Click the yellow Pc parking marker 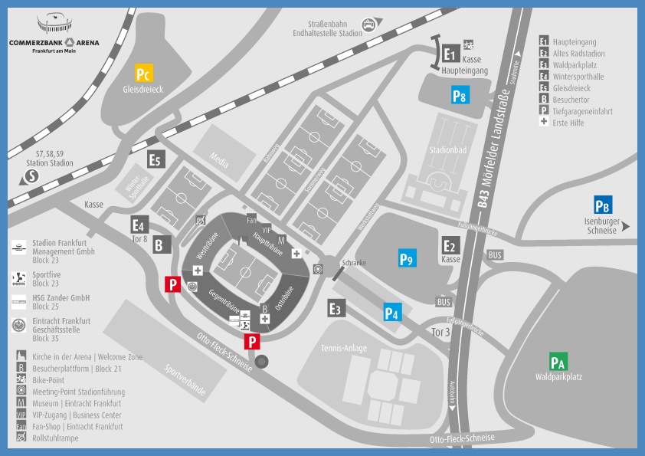coord(143,74)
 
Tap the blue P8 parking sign coord(459,96)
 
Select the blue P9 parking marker coord(407,259)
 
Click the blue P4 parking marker coord(391,312)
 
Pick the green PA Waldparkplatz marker coord(558,363)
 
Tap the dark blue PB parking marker coord(602,206)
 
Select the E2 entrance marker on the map coord(450,246)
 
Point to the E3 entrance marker coord(335,308)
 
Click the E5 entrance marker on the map coord(156,159)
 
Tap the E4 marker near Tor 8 coord(139,225)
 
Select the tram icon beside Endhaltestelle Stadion coord(372,25)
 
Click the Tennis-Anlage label coord(345,349)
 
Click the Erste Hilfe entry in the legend coord(571,123)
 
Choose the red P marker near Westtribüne coord(173,285)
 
